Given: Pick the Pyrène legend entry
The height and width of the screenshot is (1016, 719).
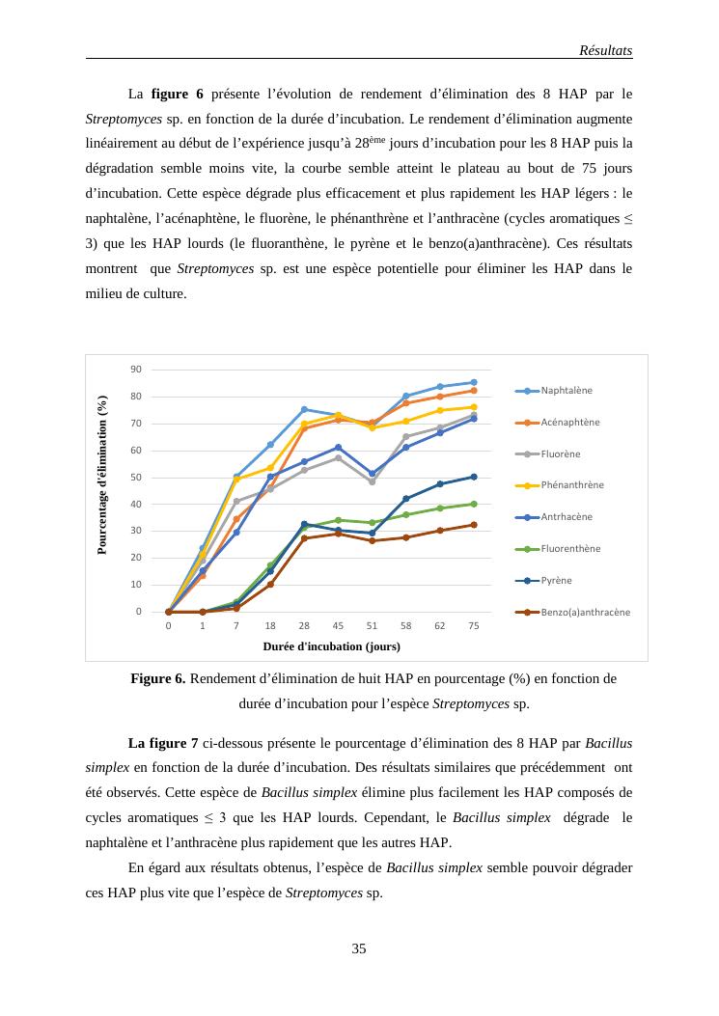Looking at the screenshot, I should point(556,581).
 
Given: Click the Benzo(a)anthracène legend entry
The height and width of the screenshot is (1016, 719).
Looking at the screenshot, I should point(585,612).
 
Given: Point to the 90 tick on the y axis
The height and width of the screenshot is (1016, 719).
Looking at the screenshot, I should point(136,370).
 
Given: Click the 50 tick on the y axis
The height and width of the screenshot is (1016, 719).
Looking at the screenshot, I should point(136,478).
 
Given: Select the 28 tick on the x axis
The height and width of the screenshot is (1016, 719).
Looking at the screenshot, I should point(304,625).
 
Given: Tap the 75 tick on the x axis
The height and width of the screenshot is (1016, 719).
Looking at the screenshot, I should point(473,625).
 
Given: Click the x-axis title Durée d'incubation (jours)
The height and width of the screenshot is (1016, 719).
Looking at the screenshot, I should point(331,645).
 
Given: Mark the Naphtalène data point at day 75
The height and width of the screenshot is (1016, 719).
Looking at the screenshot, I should point(473,382).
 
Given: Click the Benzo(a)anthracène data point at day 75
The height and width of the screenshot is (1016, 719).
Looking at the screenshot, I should point(473,525).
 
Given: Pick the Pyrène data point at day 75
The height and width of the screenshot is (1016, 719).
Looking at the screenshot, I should point(473,477).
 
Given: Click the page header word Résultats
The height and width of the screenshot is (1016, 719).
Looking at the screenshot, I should point(605,50).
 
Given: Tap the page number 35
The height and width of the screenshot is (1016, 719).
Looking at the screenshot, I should point(359,949).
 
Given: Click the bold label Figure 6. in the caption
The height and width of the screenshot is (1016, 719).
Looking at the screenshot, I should point(158,679).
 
